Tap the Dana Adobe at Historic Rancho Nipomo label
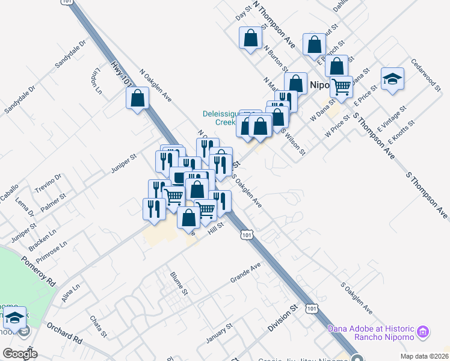(x=371, y=332)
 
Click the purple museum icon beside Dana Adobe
(x=422, y=331)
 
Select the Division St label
(x=283, y=318)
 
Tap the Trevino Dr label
(x=48, y=181)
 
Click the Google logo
(x=20, y=353)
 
